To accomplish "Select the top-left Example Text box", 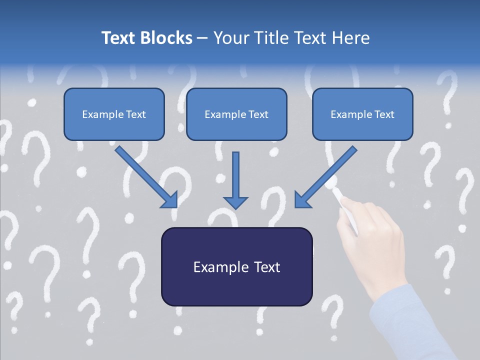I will [x=114, y=114].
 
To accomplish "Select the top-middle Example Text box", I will [x=236, y=114].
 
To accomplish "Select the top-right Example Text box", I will [x=362, y=114].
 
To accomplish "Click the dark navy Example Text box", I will [x=236, y=266].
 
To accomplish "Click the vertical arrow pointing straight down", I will [x=235, y=180].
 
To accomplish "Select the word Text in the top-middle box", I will [x=258, y=114].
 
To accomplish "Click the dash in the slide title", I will [x=202, y=37].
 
